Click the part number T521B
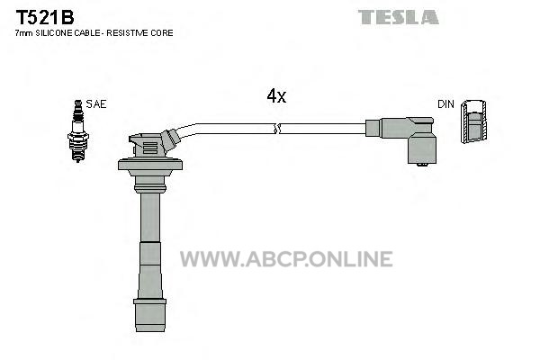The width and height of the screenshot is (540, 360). click(x=45, y=17)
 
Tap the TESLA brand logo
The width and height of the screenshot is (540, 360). click(x=398, y=17)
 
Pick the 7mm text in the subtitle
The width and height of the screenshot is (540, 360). click(x=23, y=33)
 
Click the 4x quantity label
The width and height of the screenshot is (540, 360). click(x=276, y=95)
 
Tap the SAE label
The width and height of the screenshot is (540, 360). click(x=96, y=104)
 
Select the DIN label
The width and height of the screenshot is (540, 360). click(x=445, y=104)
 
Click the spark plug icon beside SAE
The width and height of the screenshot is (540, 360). click(x=78, y=130)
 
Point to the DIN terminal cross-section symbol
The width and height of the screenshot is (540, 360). click(x=473, y=121)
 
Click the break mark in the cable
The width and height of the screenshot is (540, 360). click(x=277, y=129)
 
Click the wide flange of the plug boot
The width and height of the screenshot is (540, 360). click(x=149, y=165)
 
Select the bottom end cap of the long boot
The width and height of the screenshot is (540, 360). click(x=149, y=315)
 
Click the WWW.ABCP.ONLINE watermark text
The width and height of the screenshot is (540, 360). click(x=286, y=259)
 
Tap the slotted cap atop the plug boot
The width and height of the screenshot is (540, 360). click(x=146, y=145)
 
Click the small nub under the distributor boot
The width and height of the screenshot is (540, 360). click(x=422, y=165)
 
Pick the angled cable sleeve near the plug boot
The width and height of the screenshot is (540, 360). click(x=170, y=139)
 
